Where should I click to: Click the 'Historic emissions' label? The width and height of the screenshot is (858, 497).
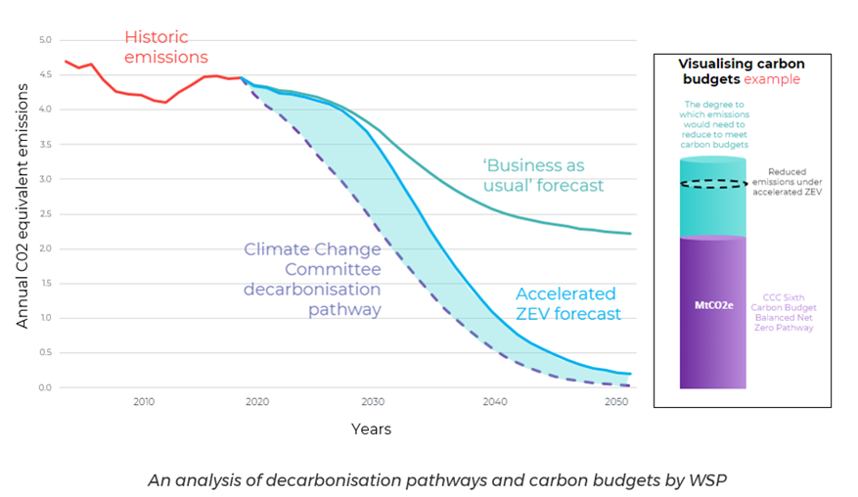[166, 47]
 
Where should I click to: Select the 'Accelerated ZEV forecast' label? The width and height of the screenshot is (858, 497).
[567, 303]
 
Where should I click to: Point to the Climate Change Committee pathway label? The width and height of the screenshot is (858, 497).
[313, 278]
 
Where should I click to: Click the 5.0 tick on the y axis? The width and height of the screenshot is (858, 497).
[44, 40]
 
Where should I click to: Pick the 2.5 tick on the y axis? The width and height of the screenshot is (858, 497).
[44, 214]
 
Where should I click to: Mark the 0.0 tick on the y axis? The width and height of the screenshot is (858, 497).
[44, 387]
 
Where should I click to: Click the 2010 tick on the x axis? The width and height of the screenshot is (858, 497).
[144, 402]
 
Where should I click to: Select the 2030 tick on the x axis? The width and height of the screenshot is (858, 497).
[373, 402]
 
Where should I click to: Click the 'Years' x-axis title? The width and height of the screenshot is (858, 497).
[371, 429]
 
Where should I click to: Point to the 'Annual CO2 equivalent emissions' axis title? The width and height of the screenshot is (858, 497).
[22, 213]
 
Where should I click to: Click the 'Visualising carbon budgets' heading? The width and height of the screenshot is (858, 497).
[741, 70]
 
